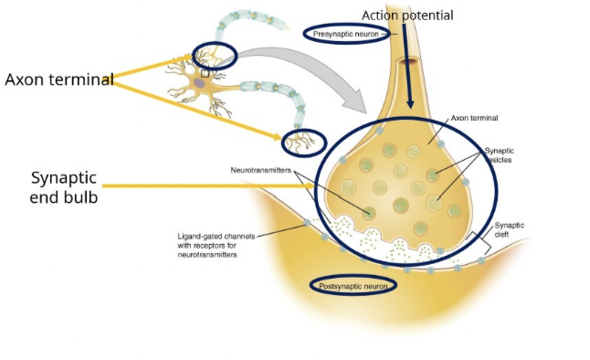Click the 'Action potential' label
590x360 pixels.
tap(407, 15)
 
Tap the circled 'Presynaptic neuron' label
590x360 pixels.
tap(345, 34)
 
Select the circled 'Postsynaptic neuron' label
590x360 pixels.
tap(354, 286)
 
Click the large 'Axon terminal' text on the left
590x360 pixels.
tap(59, 79)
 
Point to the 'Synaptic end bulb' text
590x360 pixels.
tap(64, 186)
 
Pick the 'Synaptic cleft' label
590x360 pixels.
tap(510, 230)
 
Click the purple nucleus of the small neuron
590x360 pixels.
tap(199, 84)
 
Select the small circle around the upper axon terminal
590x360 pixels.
tap(214, 56)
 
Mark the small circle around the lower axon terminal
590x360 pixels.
tap(302, 140)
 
